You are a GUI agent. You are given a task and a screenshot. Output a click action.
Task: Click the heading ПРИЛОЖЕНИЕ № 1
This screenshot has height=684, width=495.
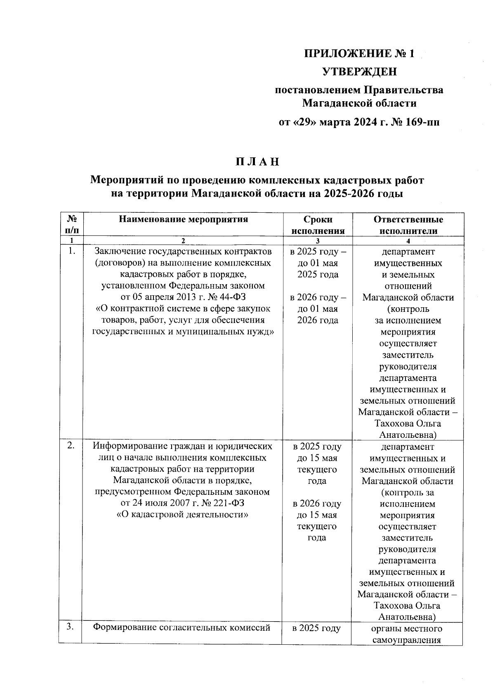tap(358, 54)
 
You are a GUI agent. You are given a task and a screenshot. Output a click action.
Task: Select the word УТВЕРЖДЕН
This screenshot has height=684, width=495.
tap(359, 72)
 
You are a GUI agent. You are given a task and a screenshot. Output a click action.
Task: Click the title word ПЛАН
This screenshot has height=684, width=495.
tap(257, 162)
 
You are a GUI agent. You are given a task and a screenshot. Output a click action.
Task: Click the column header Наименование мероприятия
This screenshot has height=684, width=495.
tap(183, 219)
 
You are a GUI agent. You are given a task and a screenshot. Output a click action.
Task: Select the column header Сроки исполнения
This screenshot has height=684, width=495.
tap(318, 225)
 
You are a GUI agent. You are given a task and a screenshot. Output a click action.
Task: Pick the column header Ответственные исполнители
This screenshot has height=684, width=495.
tap(408, 225)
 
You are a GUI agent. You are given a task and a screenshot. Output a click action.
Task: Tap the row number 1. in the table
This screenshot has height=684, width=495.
tap(72, 251)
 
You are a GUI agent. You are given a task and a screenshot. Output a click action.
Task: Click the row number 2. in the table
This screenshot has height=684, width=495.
tap(71, 445)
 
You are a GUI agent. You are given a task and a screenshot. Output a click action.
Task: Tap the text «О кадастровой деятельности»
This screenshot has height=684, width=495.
tap(183, 515)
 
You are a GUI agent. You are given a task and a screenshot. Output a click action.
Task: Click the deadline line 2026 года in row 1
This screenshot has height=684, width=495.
tap(318, 320)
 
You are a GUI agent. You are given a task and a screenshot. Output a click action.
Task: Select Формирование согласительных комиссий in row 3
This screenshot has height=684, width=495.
tap(181, 628)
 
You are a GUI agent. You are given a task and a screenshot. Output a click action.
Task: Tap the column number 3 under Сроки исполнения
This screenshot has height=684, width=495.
tap(318, 241)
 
